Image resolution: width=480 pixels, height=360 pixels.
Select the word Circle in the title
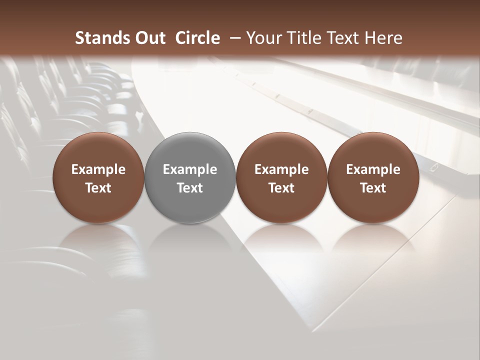tap(197, 38)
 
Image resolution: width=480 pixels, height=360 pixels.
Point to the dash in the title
tap(233, 38)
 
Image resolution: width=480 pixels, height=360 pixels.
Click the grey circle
tap(190, 150)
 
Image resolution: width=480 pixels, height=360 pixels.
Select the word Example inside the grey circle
tap(190, 170)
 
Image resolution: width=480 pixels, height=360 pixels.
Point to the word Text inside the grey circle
tap(190, 188)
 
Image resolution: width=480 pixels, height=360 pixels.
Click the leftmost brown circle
tap(98, 150)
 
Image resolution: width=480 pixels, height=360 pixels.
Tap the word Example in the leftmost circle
tap(98, 170)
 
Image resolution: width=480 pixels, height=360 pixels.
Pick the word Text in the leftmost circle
tap(98, 188)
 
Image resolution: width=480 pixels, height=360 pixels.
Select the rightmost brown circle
tap(373, 150)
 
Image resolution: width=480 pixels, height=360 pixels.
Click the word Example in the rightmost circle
tap(373, 170)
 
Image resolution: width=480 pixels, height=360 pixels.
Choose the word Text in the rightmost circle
tap(373, 188)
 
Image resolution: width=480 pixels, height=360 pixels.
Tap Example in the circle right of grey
tap(282, 170)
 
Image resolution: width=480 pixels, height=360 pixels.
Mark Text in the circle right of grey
tap(282, 188)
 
